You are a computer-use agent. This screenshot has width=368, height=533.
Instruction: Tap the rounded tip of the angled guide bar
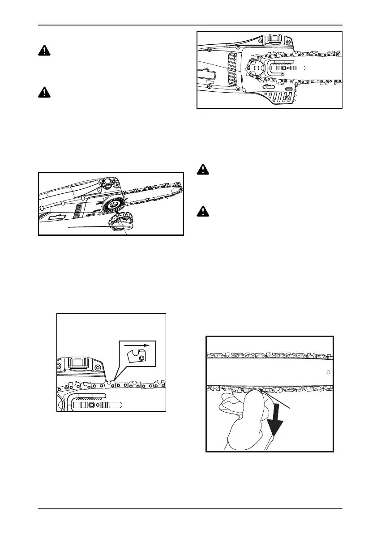tap(179, 188)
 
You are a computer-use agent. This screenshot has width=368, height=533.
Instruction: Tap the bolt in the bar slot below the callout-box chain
tap(91, 405)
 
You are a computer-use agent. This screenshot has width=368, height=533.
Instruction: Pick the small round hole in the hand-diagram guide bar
tap(329, 372)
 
